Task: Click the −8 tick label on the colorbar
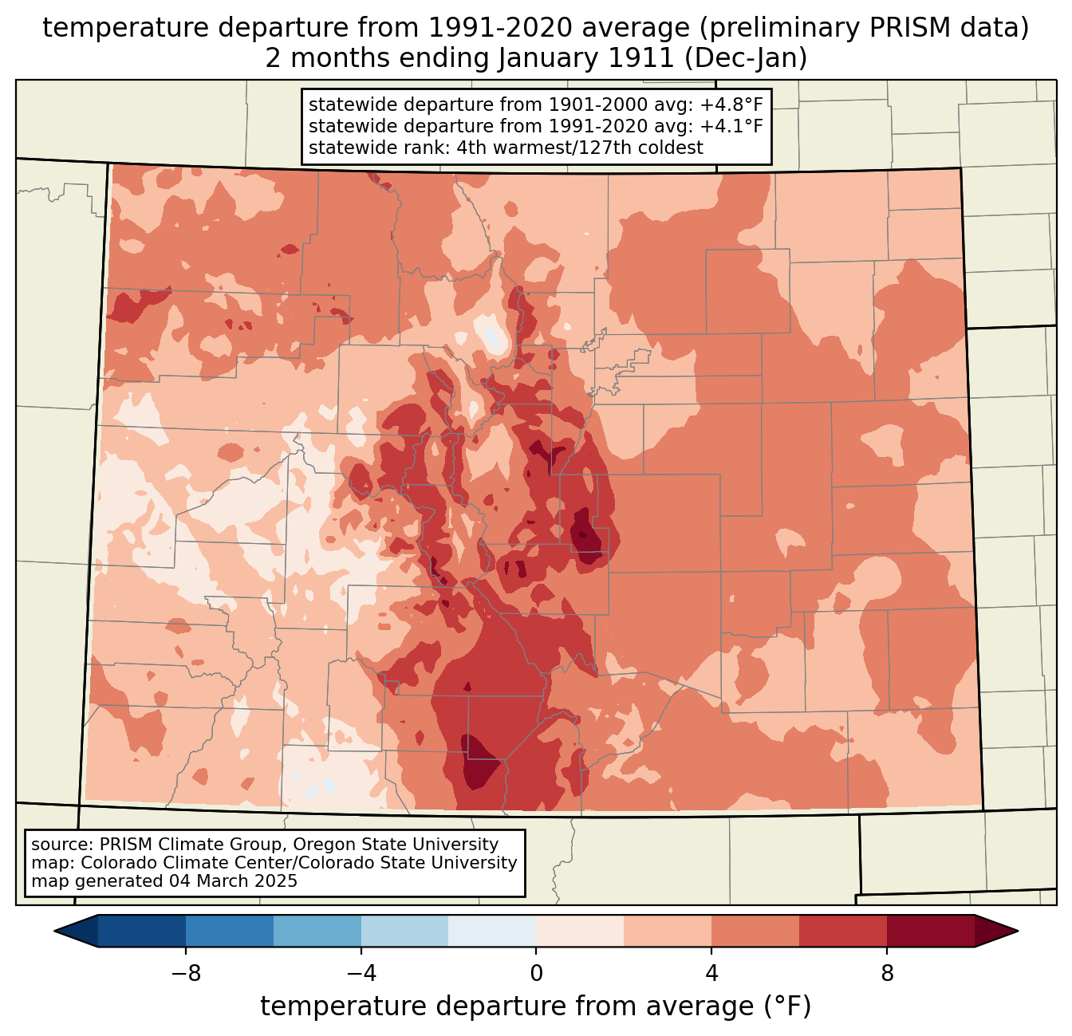185,974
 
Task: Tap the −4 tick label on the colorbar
361,974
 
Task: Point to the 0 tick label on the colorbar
536,974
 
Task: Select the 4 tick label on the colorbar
711,974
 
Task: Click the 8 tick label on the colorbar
887,974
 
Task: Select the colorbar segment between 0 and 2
580,931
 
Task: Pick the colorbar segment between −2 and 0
492,931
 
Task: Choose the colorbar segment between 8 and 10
931,931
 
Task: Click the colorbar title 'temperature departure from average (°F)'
536,1006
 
